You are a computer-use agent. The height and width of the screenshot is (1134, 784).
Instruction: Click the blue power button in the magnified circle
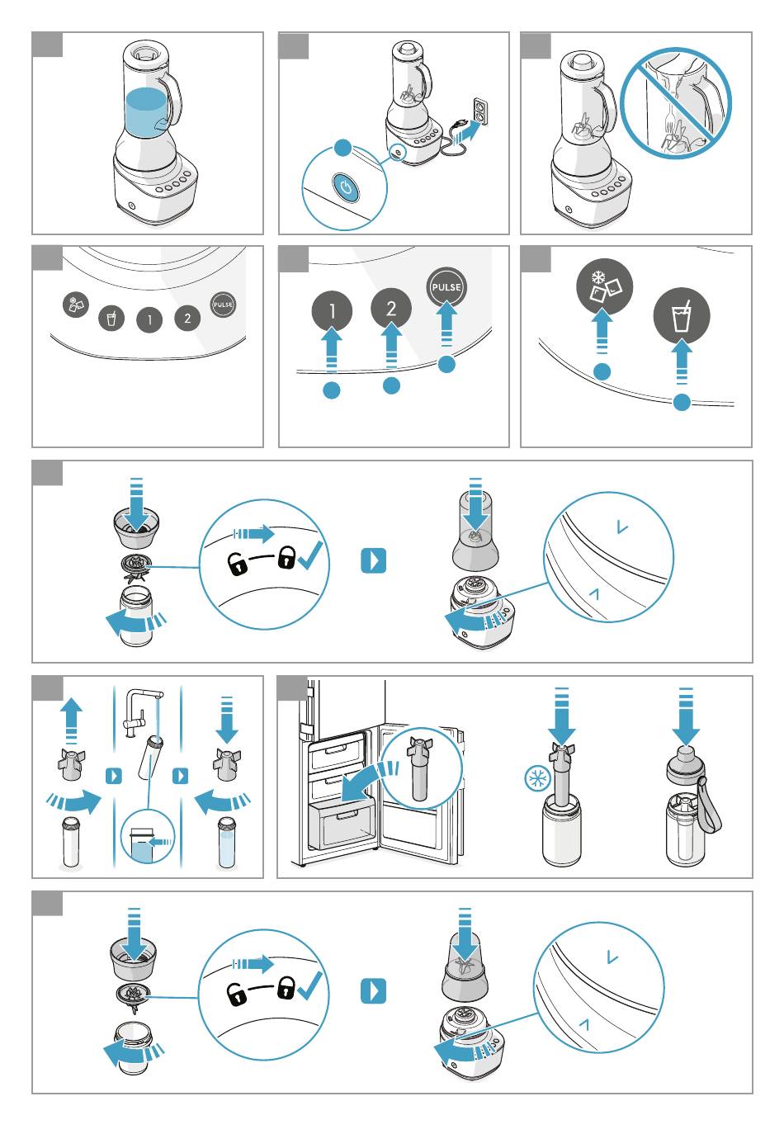tap(346, 188)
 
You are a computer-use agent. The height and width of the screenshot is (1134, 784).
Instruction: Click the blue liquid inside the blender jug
tap(146, 112)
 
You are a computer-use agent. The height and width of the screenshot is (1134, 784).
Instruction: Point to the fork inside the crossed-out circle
tap(671, 120)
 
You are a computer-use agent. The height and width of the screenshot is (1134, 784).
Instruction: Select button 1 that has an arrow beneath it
tap(332, 310)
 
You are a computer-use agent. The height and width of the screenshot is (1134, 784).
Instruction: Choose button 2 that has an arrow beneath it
tap(390, 308)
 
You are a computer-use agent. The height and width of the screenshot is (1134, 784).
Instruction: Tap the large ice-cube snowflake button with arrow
tap(604, 286)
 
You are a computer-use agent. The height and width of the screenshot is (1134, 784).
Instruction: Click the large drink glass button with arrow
tap(682, 315)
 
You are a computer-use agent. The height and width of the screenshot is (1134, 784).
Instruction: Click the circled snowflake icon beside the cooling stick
tap(537, 778)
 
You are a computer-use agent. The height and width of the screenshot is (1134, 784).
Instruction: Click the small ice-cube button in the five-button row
tap(75, 305)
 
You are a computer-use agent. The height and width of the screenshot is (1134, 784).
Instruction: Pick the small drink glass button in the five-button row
tap(111, 319)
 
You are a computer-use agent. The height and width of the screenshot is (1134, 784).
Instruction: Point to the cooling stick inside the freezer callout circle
tap(420, 768)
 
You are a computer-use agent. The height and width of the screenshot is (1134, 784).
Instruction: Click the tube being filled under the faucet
tap(150, 758)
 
